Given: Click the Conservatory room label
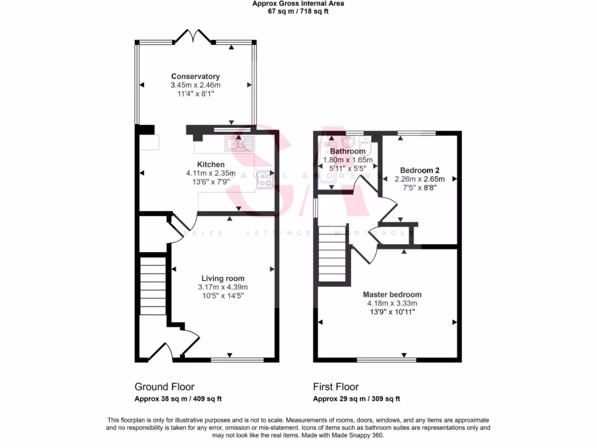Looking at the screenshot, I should (195, 76).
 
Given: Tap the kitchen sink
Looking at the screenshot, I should (240, 143).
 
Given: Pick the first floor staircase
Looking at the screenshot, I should (333, 254).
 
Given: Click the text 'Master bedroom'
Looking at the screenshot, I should (392, 295).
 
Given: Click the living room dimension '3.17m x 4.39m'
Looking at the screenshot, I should (223, 287).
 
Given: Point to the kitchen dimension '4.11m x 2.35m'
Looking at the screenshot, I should (210, 173).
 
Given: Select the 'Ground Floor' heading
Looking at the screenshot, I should (164, 387).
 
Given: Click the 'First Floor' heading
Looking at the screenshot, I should (336, 387).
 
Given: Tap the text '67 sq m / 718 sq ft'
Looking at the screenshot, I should (298, 11).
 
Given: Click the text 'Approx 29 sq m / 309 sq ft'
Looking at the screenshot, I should (356, 400).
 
